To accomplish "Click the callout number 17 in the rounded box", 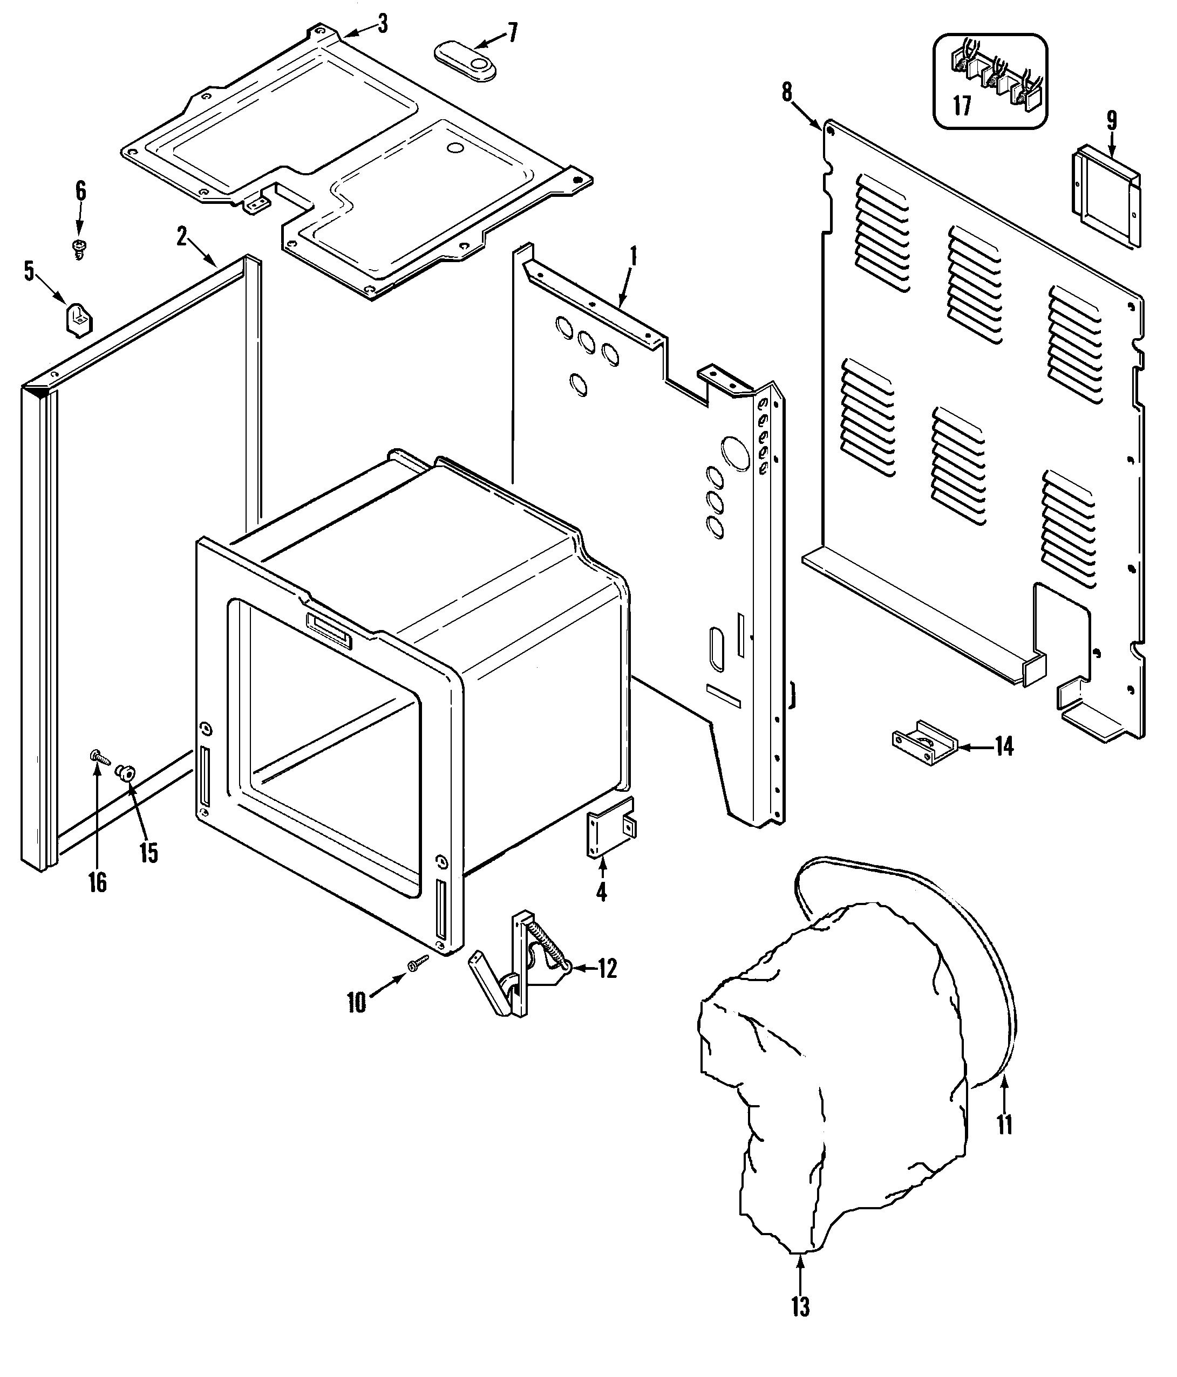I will click(x=962, y=106).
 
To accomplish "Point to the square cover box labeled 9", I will click(x=1105, y=196).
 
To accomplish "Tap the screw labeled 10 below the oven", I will click(x=418, y=964).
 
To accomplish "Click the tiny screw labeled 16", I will click(x=98, y=756).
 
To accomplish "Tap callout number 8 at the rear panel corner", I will click(x=787, y=92).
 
